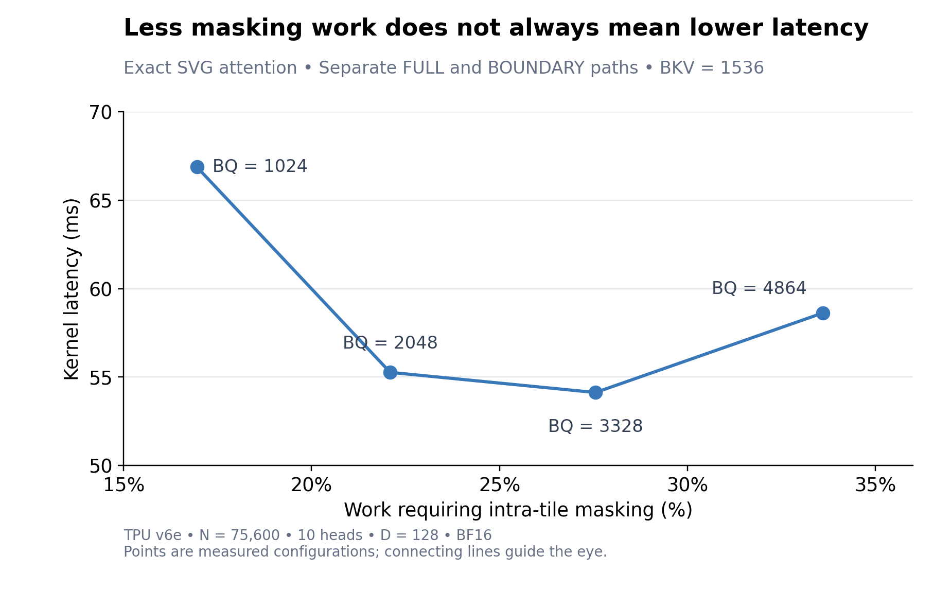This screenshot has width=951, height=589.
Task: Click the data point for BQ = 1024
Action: [x=197, y=167]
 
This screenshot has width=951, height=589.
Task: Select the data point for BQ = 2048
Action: [x=390, y=372]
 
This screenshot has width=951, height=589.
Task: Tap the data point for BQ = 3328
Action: [x=595, y=392]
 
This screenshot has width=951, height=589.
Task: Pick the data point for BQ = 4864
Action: [x=823, y=313]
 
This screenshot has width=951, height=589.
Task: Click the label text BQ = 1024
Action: [x=260, y=166]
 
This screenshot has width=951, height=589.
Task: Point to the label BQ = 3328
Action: [x=595, y=426]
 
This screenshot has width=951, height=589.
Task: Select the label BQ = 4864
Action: [x=759, y=288]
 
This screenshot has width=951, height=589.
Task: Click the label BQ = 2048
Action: [x=390, y=343]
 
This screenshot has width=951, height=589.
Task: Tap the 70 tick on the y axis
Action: [x=101, y=112]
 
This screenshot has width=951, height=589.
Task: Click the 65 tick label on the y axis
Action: [x=101, y=201]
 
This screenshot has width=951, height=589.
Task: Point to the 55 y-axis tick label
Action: [x=101, y=377]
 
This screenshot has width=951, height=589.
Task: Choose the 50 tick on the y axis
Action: [x=101, y=466]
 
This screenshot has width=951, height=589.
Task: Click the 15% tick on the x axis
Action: [x=124, y=485]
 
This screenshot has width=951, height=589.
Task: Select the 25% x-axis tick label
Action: [x=500, y=485]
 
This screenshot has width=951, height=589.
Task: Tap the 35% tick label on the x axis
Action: [x=875, y=485]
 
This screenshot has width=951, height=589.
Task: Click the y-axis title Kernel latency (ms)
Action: [x=72, y=289]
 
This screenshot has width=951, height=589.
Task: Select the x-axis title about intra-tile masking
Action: [x=518, y=510]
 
